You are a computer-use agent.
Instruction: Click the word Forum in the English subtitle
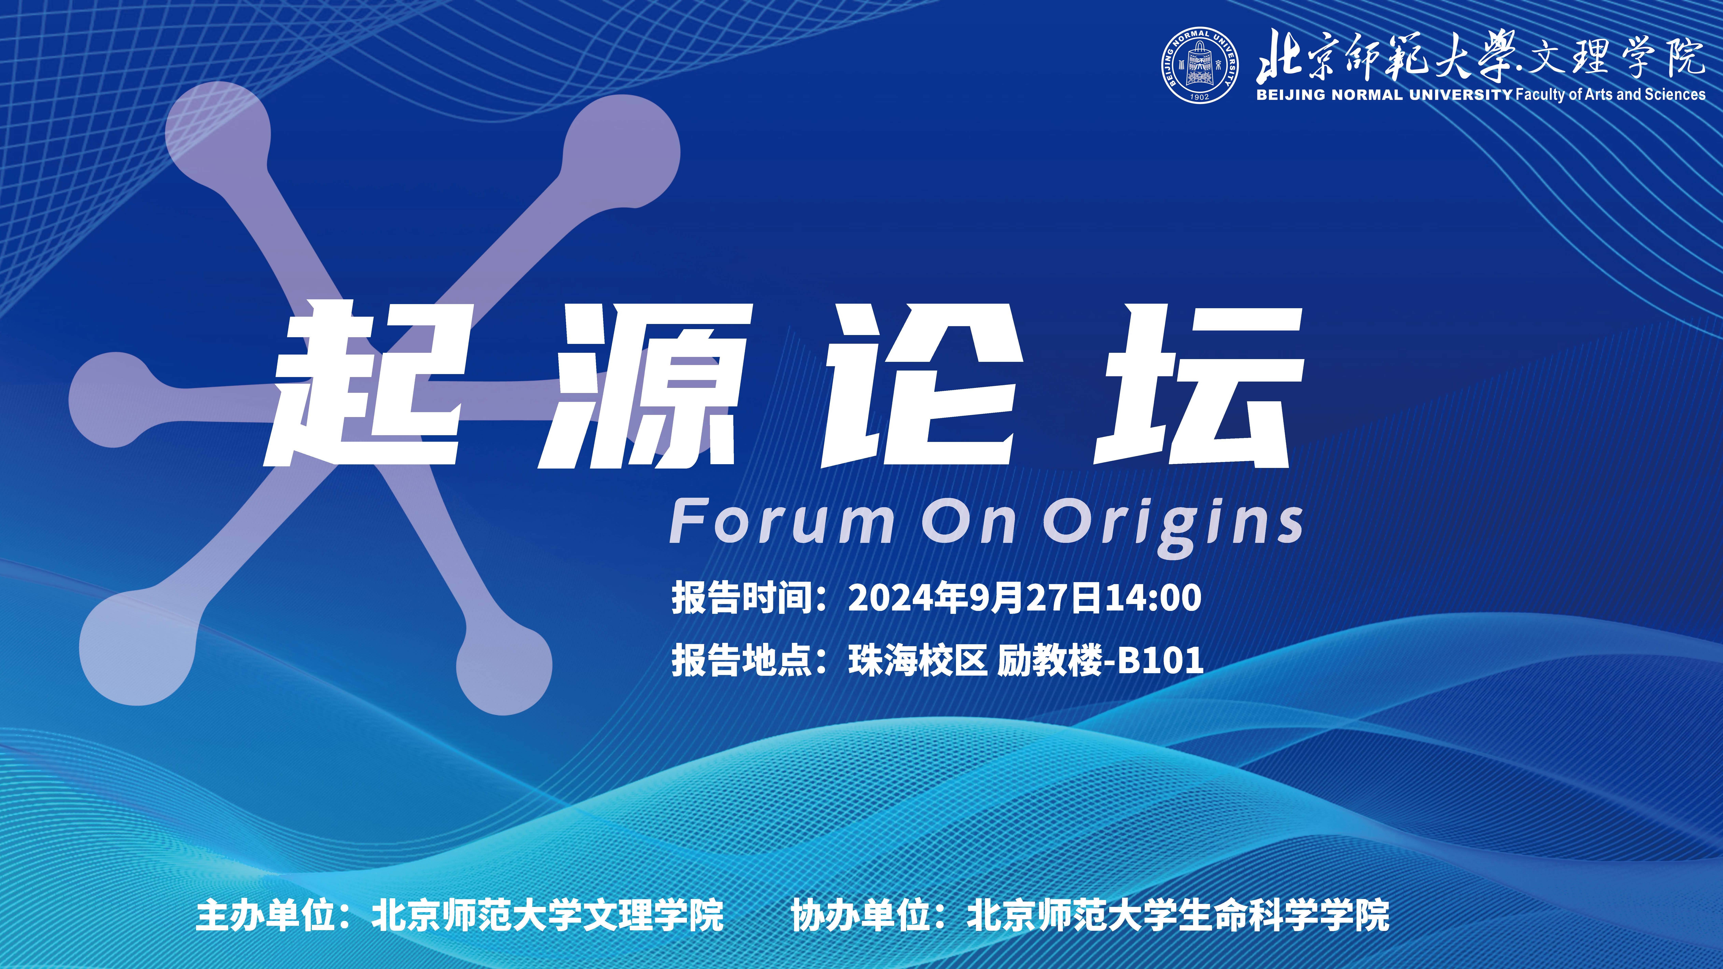781,522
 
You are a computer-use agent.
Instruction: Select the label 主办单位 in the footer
266,916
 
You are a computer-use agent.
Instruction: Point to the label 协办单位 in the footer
861,916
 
